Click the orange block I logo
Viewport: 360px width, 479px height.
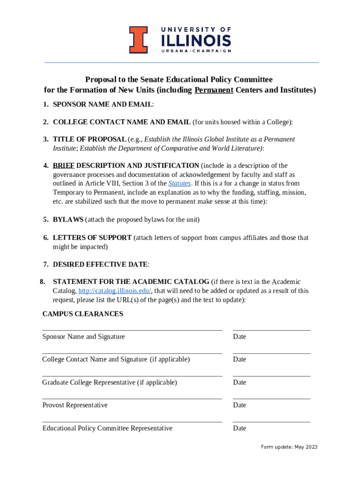click(x=138, y=40)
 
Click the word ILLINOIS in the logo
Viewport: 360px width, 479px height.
click(x=196, y=40)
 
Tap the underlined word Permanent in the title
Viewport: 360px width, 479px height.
click(x=214, y=90)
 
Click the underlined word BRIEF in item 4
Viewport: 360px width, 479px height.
click(x=64, y=166)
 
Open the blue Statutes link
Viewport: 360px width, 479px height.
click(x=180, y=183)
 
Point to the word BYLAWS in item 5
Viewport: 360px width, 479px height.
click(x=68, y=219)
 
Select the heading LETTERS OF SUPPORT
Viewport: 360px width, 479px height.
click(x=92, y=238)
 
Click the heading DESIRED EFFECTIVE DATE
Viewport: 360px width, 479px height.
click(x=100, y=265)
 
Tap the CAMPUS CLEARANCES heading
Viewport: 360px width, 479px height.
click(x=83, y=314)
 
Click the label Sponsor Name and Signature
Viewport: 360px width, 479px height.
click(x=83, y=337)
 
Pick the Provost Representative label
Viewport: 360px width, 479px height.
click(x=75, y=405)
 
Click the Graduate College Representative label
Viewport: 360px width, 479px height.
click(x=109, y=383)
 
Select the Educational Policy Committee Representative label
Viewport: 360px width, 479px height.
click(x=107, y=428)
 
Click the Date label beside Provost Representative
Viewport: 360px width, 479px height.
click(x=239, y=405)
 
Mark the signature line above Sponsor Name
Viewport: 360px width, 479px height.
click(x=132, y=330)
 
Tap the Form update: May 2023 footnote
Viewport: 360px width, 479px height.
click(x=289, y=447)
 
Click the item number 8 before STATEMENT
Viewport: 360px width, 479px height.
click(x=42, y=282)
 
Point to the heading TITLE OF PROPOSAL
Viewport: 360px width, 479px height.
click(x=89, y=139)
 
